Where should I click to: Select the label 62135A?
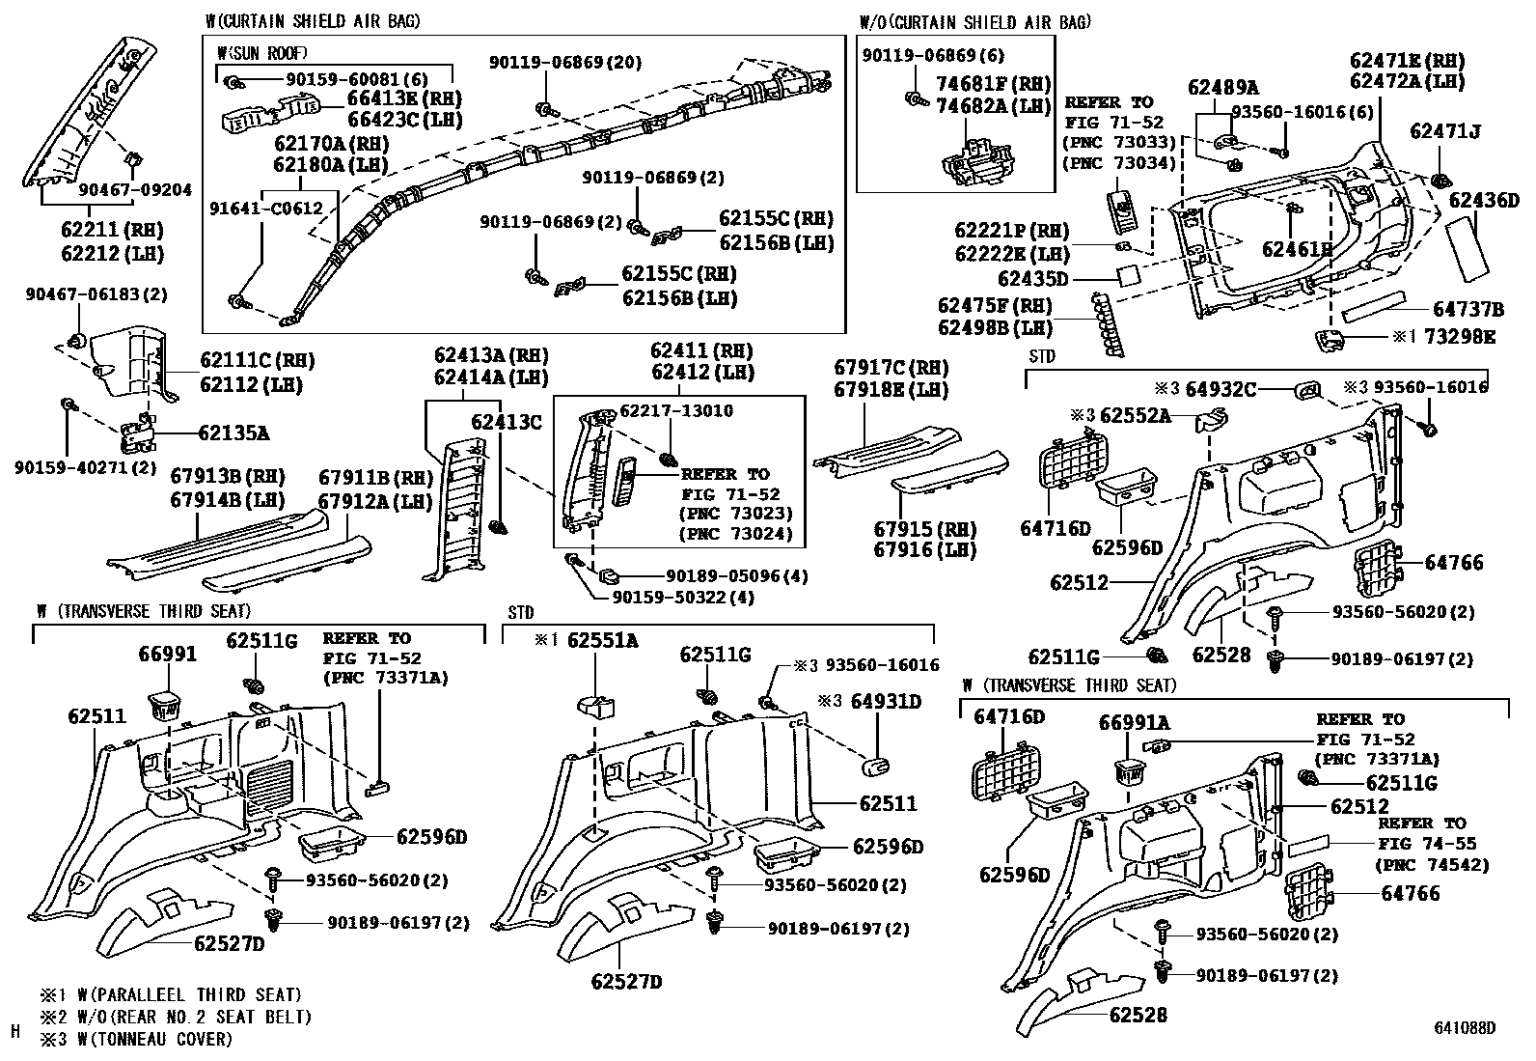[x=233, y=433]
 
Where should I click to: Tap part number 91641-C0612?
[x=266, y=208]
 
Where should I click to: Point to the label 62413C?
[x=506, y=422]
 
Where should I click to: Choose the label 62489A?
[x=1222, y=88]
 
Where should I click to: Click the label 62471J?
[x=1444, y=130]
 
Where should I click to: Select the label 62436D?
[x=1484, y=201]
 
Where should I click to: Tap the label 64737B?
[x=1468, y=309]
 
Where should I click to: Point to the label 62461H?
[x=1297, y=249]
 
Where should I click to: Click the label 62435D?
[x=1033, y=279]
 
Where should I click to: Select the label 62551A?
[x=602, y=640]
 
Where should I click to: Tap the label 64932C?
[x=1221, y=388]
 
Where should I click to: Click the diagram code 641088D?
[x=1464, y=1028]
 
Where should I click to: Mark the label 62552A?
[x=1135, y=415]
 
